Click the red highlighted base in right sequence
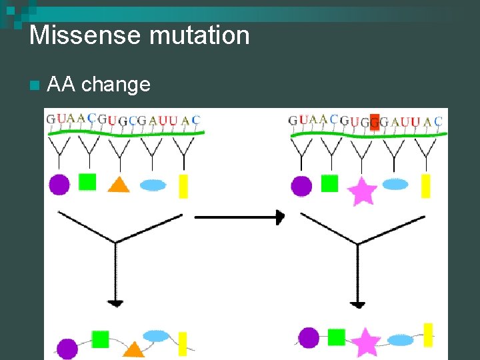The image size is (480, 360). tap(375, 121)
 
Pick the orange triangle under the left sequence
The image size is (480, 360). tap(119, 185)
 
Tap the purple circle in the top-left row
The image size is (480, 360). tap(59, 184)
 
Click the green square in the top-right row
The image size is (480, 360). tap(330, 183)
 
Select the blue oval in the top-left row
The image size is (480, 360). tap(153, 185)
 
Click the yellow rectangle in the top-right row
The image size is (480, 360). tap(425, 185)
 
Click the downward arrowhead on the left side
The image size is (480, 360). tap(115, 303)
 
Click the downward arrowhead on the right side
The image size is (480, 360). tap(358, 304)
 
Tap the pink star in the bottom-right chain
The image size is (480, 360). tap(365, 343)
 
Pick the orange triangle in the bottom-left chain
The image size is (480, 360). tap(134, 349)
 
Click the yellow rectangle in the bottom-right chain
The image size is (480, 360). tap(428, 335)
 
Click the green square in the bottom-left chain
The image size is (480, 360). tap(100, 339)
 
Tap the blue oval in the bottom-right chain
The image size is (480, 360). tap(401, 341)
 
